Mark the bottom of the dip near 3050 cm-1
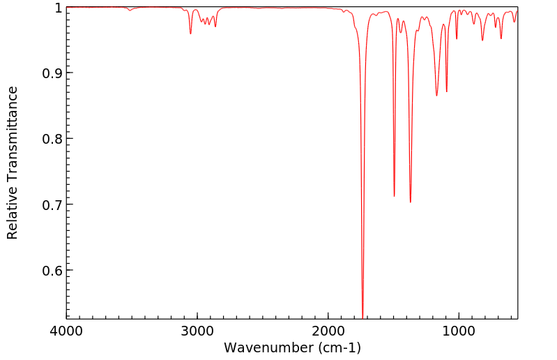190,33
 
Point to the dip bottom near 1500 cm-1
394,196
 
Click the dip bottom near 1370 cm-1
411,202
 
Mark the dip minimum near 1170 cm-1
437,96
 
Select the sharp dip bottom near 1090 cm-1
447,91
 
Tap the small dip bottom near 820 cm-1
482,40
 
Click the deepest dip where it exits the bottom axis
363,317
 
